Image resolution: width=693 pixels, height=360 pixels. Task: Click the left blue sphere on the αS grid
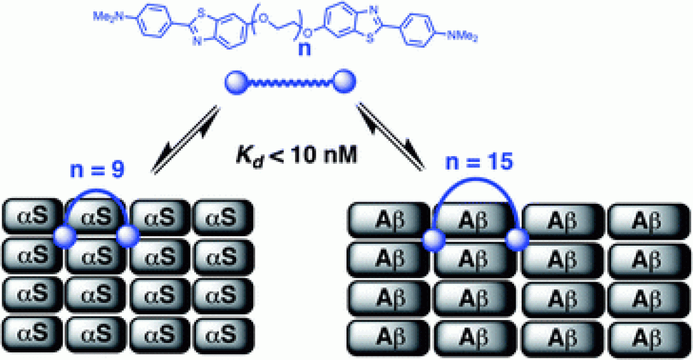coord(63,237)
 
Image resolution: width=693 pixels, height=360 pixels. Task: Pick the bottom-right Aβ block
coord(647,338)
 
